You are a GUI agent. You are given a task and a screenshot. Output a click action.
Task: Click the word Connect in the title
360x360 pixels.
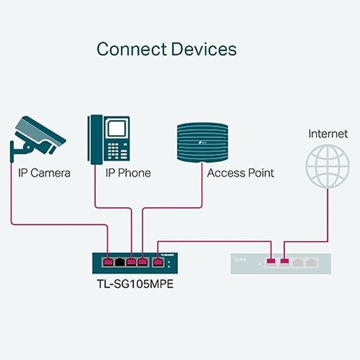(x=131, y=49)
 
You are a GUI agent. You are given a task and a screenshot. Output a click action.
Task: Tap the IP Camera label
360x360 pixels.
(x=44, y=173)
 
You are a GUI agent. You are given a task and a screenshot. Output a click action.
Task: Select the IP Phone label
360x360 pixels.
(x=128, y=173)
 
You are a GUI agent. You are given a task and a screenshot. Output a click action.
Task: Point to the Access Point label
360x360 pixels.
(x=240, y=173)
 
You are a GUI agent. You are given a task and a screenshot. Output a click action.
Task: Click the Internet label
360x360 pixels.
(x=328, y=133)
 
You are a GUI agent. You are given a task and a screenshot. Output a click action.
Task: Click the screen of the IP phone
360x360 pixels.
(x=116, y=129)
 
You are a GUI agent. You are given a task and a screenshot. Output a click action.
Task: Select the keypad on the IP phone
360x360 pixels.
(x=116, y=150)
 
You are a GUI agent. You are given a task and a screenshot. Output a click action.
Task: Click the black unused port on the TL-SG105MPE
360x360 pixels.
(x=119, y=261)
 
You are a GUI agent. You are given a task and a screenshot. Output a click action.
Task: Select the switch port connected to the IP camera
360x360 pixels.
(x=108, y=261)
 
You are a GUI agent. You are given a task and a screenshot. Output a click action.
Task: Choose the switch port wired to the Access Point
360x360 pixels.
(x=142, y=261)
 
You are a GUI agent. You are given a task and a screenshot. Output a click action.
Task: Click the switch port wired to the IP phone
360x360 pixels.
(x=131, y=261)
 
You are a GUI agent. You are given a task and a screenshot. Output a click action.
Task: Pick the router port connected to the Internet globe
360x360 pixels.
(x=285, y=261)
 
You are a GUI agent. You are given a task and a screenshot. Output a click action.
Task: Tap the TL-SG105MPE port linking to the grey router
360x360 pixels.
(x=158, y=261)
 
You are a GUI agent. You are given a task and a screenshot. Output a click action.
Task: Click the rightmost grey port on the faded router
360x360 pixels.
(x=311, y=261)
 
